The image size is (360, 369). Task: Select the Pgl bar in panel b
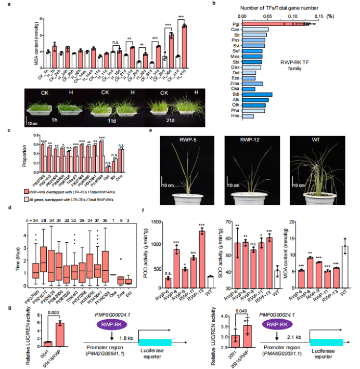(x=276, y=24)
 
